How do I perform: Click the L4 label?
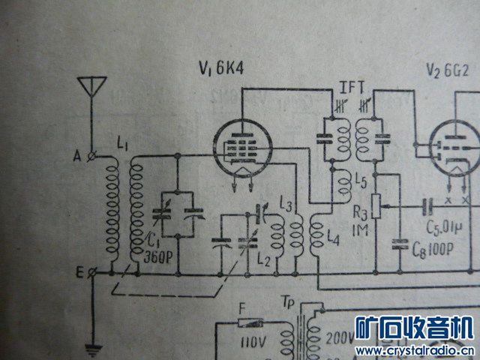(334, 236)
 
